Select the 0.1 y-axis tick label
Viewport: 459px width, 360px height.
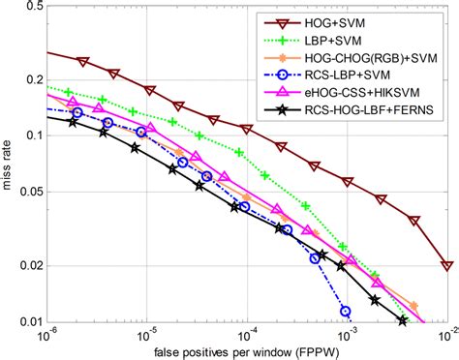click(x=28, y=135)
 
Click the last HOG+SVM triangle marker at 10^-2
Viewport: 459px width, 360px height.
click(x=446, y=265)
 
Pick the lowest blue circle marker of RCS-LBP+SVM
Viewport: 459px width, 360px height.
click(x=346, y=311)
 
